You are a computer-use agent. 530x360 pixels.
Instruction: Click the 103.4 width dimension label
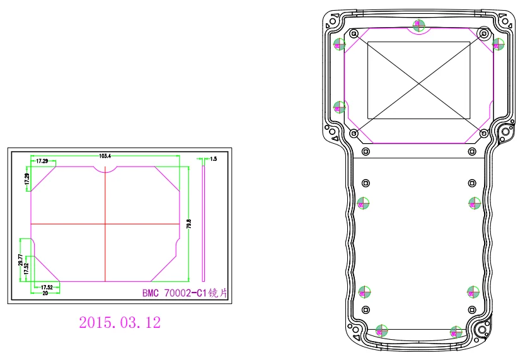(x=105, y=156)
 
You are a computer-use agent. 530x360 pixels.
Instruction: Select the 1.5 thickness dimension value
(x=213, y=160)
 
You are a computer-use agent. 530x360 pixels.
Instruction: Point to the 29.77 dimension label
(x=20, y=260)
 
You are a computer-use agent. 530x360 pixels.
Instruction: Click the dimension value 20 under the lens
(x=45, y=293)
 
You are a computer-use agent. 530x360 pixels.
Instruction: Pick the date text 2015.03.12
(x=120, y=323)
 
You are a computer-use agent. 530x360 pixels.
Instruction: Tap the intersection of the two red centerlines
(x=105, y=224)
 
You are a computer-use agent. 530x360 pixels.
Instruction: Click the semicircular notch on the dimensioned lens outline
(x=105, y=169)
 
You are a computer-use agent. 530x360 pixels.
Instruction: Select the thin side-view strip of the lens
(x=204, y=221)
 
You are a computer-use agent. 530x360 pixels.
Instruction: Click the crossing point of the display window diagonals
(x=418, y=81)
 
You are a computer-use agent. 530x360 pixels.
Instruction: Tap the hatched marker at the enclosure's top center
(x=418, y=25)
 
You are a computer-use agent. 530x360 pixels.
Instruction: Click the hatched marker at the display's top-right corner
(x=497, y=44)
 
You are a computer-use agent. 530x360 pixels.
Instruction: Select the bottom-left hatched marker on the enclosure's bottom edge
(x=381, y=330)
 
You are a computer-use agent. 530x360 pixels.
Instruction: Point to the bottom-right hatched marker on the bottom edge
(x=456, y=330)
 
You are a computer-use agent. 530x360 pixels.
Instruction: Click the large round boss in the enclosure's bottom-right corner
(x=482, y=329)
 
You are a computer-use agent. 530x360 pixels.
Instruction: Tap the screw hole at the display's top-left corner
(x=354, y=33)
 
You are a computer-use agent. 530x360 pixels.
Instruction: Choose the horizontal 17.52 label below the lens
(x=47, y=287)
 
